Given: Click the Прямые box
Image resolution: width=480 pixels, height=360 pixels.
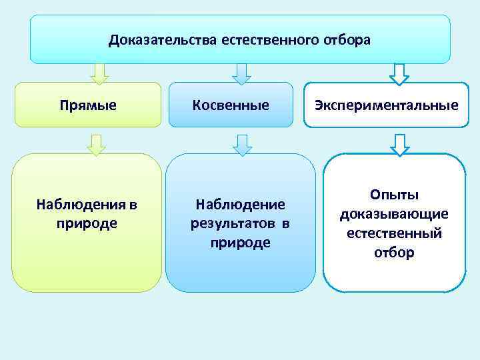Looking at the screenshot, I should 87,105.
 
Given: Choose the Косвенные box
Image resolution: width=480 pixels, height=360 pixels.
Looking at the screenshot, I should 231,105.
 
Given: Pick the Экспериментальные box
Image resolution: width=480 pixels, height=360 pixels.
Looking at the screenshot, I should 387,105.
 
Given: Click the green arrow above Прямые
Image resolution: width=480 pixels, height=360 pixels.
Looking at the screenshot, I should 99,73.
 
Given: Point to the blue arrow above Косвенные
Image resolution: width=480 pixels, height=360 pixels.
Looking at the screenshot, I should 241,73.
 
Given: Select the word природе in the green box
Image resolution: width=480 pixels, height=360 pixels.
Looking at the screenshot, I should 87,223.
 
